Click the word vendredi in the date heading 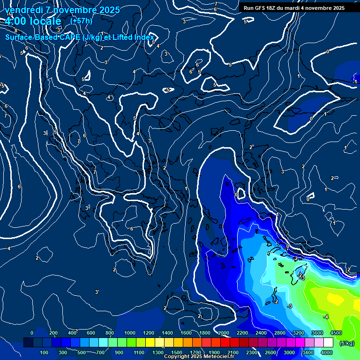point(24,10)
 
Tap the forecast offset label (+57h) point(81,21)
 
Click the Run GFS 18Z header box point(294,8)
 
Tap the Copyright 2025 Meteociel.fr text point(199,357)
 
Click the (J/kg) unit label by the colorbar point(346,343)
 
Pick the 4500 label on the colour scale point(335,333)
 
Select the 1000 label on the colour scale point(130,333)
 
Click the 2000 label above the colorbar point(223,333)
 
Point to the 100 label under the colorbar point(44,352)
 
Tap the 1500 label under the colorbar point(177,352)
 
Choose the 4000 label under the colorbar point(327,352)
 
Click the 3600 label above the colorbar point(317,333)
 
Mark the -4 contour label point(326,317)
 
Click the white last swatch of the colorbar point(328,343)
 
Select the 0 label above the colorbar point(32,333)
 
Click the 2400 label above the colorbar point(261,333)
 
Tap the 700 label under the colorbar point(100,352)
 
